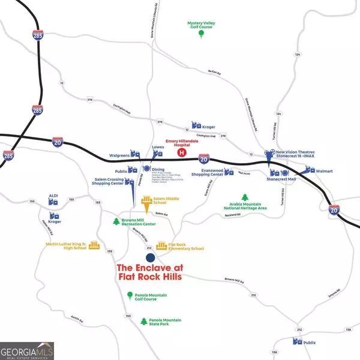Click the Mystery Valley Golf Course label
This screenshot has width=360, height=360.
tap(202, 25)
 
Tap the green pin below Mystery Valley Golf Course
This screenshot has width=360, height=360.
tap(202, 34)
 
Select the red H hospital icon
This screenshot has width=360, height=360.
tap(181, 152)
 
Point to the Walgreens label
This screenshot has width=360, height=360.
tap(119, 155)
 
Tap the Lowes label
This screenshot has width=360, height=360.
tap(158, 146)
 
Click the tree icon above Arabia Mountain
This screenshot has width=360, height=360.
tap(245, 197)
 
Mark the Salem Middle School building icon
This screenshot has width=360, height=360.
tap(146, 203)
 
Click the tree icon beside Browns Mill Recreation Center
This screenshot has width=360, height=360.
tap(116, 221)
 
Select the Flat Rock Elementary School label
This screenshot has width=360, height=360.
tap(185, 247)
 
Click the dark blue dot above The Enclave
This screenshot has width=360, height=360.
tap(150, 257)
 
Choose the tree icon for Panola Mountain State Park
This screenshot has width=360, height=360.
tap(143, 322)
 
